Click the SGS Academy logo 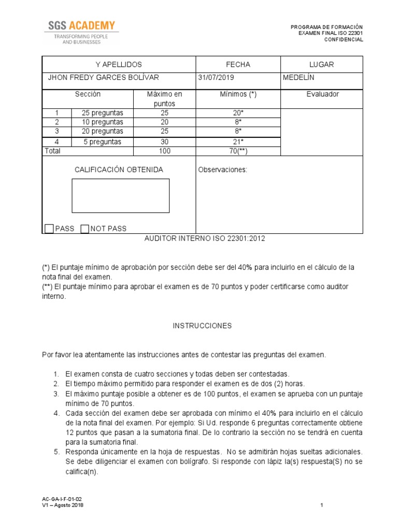coord(81,32)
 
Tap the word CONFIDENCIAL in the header coord(344,39)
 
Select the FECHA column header coord(238,64)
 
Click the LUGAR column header coord(321,64)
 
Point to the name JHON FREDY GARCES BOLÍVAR coord(103,78)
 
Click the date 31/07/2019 coord(216,78)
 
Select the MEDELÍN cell coord(299,78)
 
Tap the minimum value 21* coord(238,142)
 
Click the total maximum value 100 coord(164,151)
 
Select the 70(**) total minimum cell coord(238,151)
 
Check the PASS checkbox coord(49,229)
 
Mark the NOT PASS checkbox coord(85,229)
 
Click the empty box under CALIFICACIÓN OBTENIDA coord(120,195)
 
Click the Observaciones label coord(223,170)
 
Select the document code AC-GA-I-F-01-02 coord(62,499)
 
